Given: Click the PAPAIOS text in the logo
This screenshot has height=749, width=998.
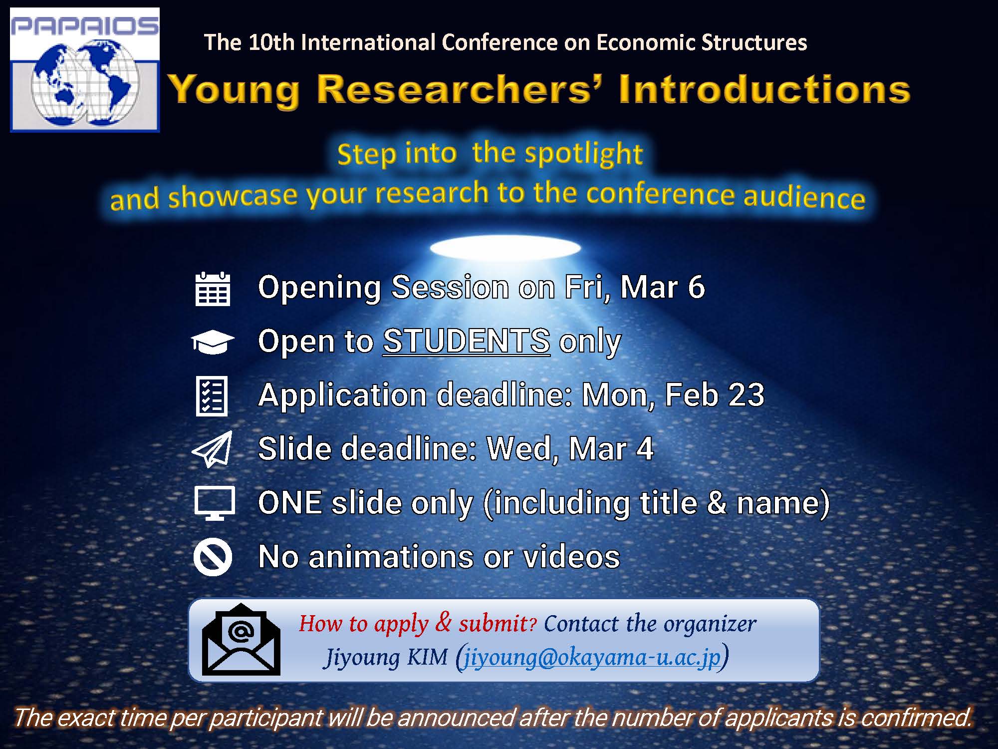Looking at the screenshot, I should pos(84,26).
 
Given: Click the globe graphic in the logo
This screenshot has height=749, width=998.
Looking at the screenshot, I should pos(84,85).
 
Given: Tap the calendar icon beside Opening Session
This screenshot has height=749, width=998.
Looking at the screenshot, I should pos(213,289).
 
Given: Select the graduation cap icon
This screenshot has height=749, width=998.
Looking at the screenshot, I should pos(213,342).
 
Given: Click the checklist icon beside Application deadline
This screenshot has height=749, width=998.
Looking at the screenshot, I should pos(212,396).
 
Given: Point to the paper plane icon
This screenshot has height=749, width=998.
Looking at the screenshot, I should pos(213,449).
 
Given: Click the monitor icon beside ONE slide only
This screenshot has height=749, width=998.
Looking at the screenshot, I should pos(214,502).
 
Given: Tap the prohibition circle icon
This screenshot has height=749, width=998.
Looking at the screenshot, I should pos(213,557).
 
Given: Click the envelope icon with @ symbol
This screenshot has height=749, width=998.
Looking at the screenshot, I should pos(241,640).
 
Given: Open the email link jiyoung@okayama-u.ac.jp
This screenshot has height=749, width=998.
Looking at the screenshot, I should pos(592,657).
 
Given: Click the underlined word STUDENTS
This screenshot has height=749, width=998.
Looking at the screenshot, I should pos(467,341).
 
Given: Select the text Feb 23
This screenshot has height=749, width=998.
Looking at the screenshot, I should pos(714,395).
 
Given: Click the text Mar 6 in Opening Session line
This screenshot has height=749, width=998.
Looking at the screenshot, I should pos(662,287).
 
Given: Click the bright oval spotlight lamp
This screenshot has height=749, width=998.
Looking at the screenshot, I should pos(505,248).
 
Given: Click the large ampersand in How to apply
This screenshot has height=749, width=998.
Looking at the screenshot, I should pos(443,622).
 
